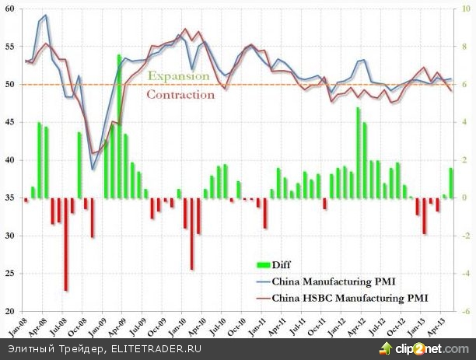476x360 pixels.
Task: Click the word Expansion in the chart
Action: coord(178,76)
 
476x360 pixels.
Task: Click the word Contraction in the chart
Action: coord(180,95)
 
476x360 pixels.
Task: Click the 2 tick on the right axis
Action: coord(464,160)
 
